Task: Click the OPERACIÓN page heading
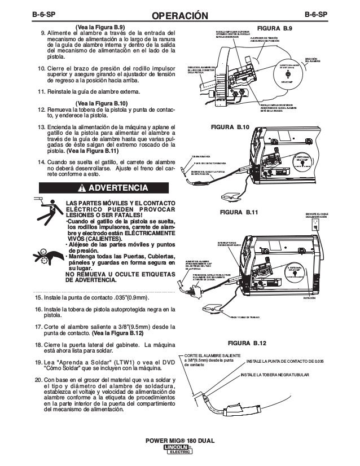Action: [x=180, y=12]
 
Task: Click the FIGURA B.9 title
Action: [x=274, y=28]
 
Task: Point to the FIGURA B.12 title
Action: [x=247, y=342]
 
